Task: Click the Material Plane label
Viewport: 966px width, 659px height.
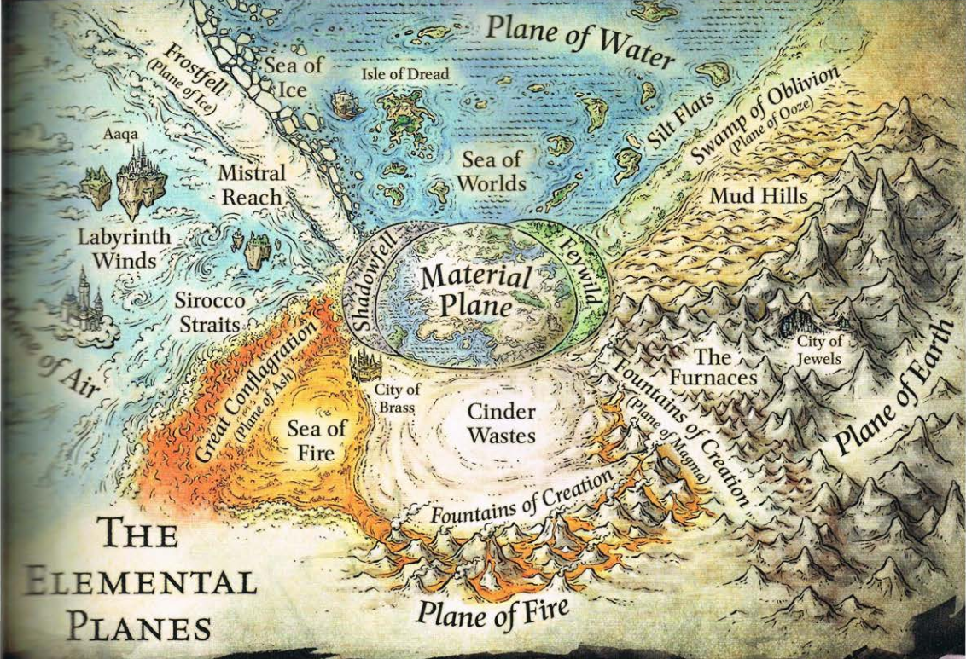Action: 476,290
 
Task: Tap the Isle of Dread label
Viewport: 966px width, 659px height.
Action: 405,73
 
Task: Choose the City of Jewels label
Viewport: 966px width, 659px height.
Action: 818,350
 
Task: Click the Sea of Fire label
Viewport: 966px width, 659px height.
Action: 315,439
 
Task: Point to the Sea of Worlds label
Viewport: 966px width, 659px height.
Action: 491,171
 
